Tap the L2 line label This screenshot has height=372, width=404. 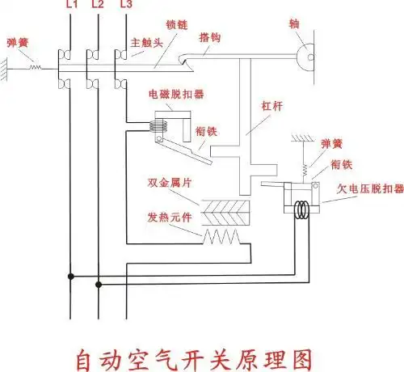point(97,5)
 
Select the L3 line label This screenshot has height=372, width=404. point(125,5)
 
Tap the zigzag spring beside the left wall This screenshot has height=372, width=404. point(35,68)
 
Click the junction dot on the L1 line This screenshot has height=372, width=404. point(72,277)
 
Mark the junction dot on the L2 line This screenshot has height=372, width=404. point(99,284)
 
